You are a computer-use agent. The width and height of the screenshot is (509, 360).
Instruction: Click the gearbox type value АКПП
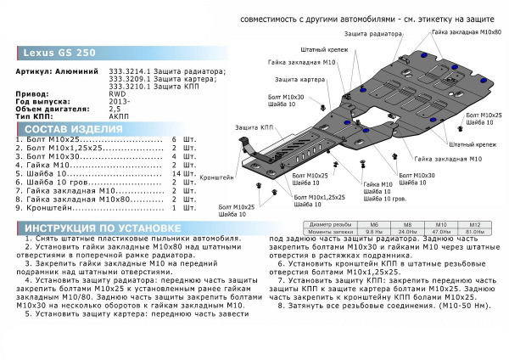click(120, 115)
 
